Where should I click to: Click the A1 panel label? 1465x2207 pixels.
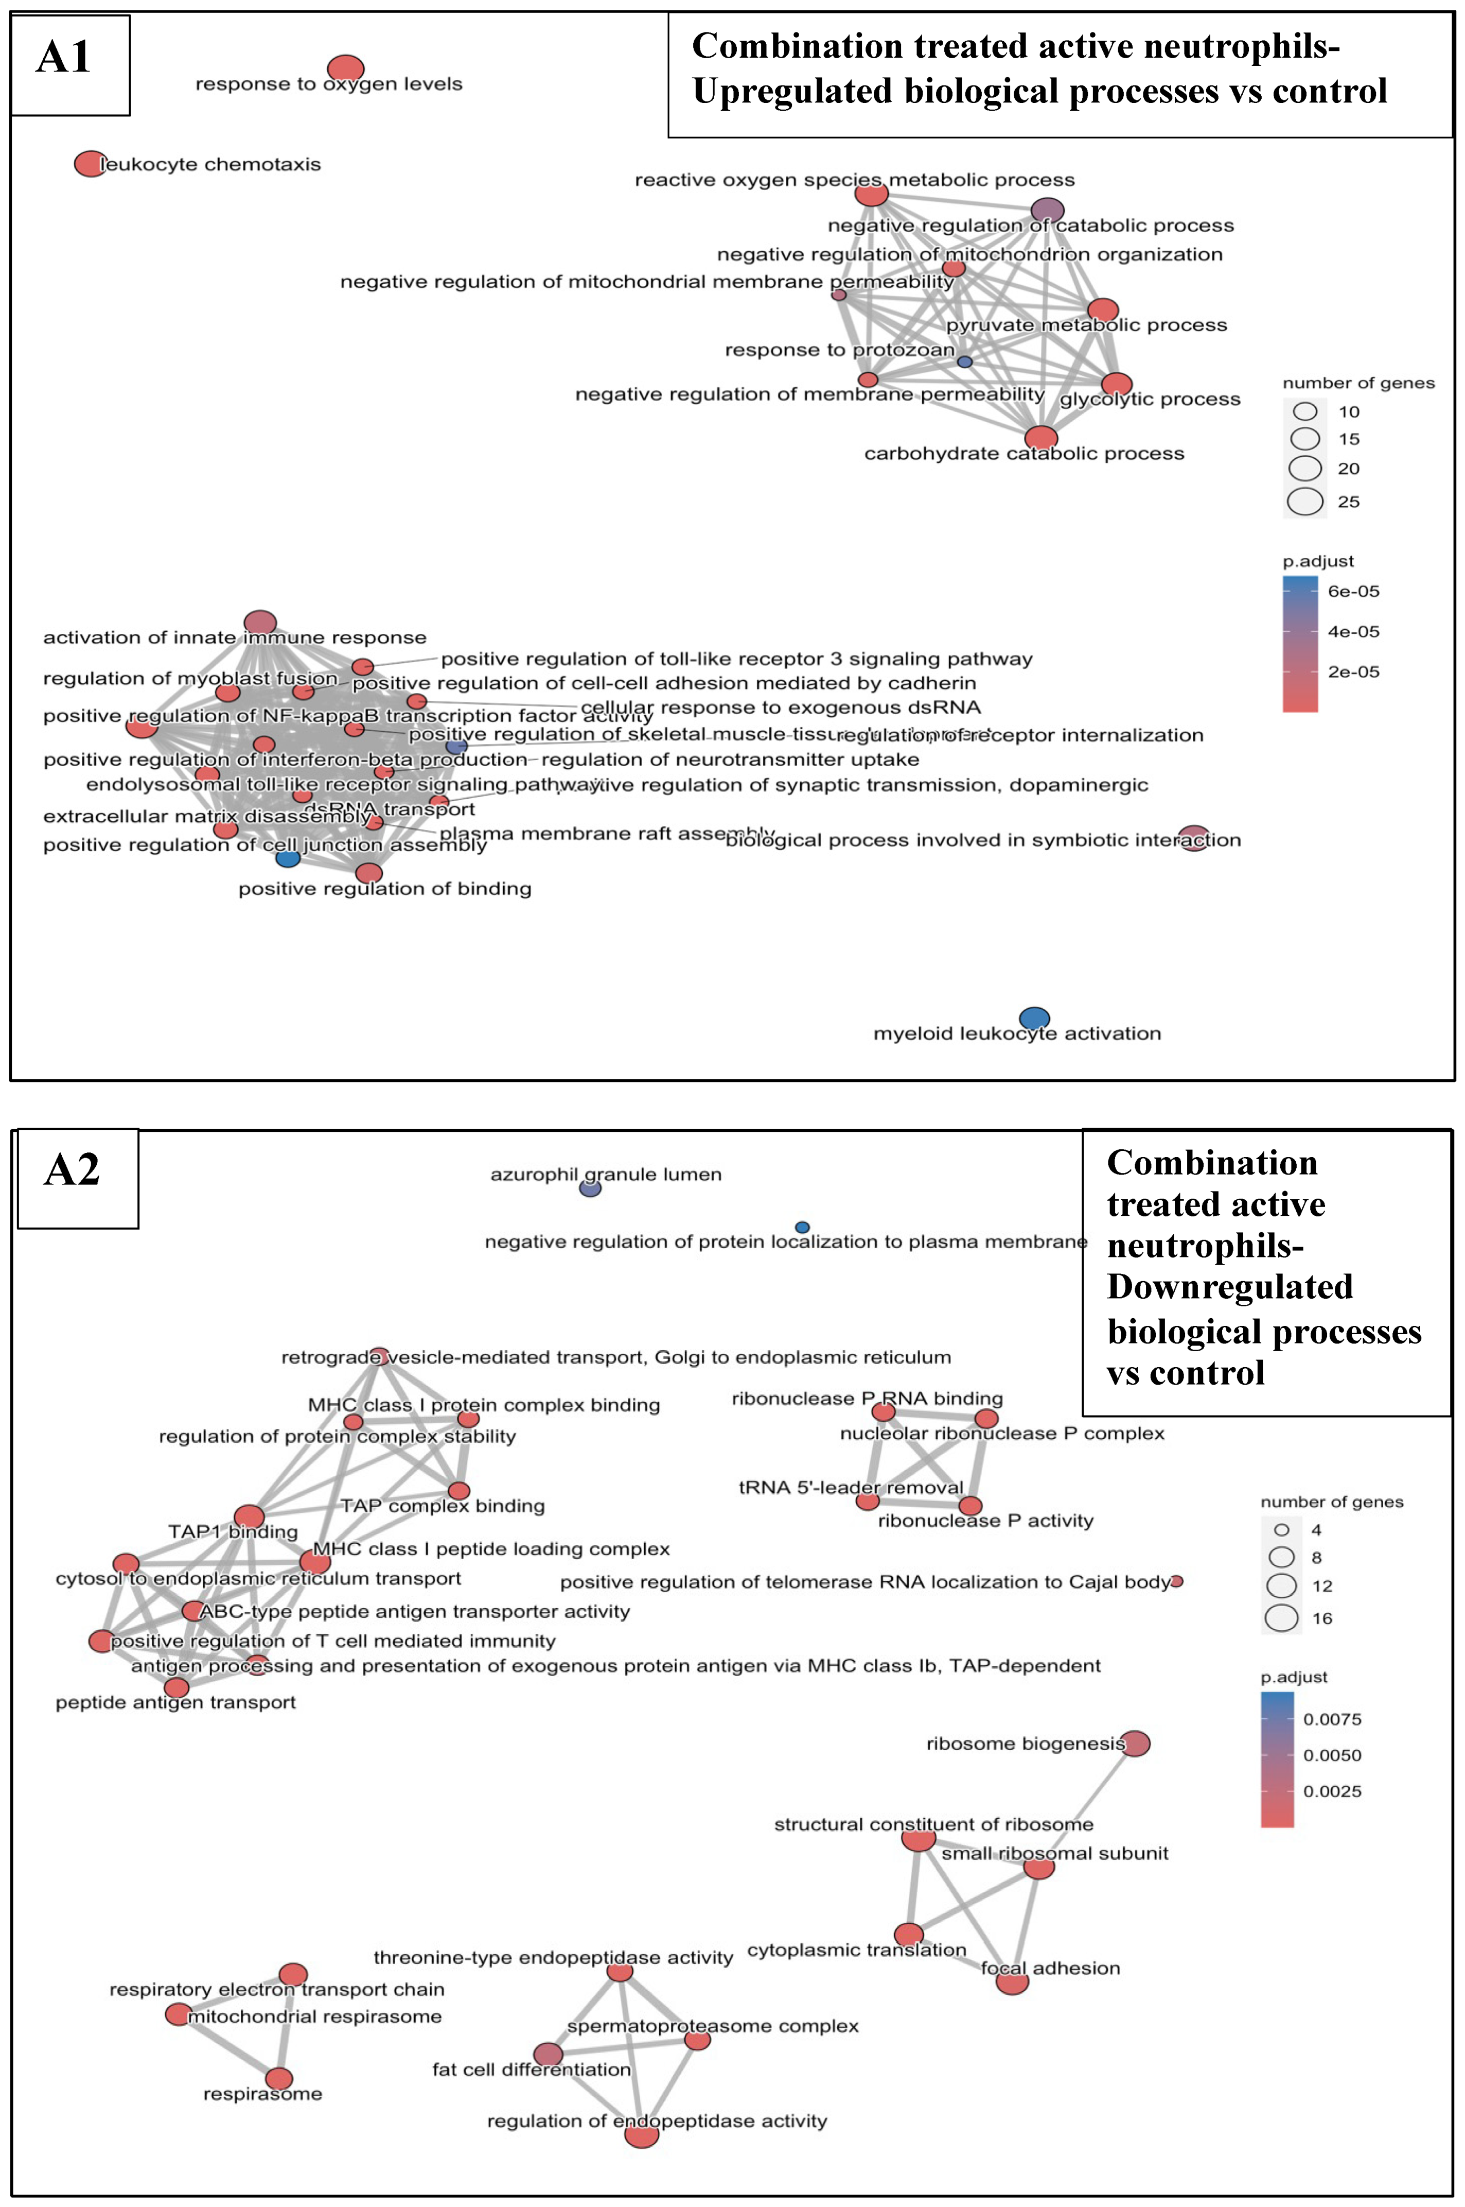click(x=63, y=58)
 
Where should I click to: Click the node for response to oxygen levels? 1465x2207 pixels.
click(x=346, y=68)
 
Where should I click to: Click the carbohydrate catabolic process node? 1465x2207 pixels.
click(x=1041, y=438)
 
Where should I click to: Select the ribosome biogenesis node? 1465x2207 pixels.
click(x=1135, y=1744)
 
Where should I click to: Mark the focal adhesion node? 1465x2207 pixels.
click(x=1012, y=1982)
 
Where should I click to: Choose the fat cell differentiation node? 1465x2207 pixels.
click(x=549, y=2054)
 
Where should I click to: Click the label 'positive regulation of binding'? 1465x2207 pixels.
click(x=385, y=889)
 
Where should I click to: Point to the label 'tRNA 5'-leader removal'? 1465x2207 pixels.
click(x=850, y=1487)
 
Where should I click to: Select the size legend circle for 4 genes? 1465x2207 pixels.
click(x=1282, y=1530)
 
